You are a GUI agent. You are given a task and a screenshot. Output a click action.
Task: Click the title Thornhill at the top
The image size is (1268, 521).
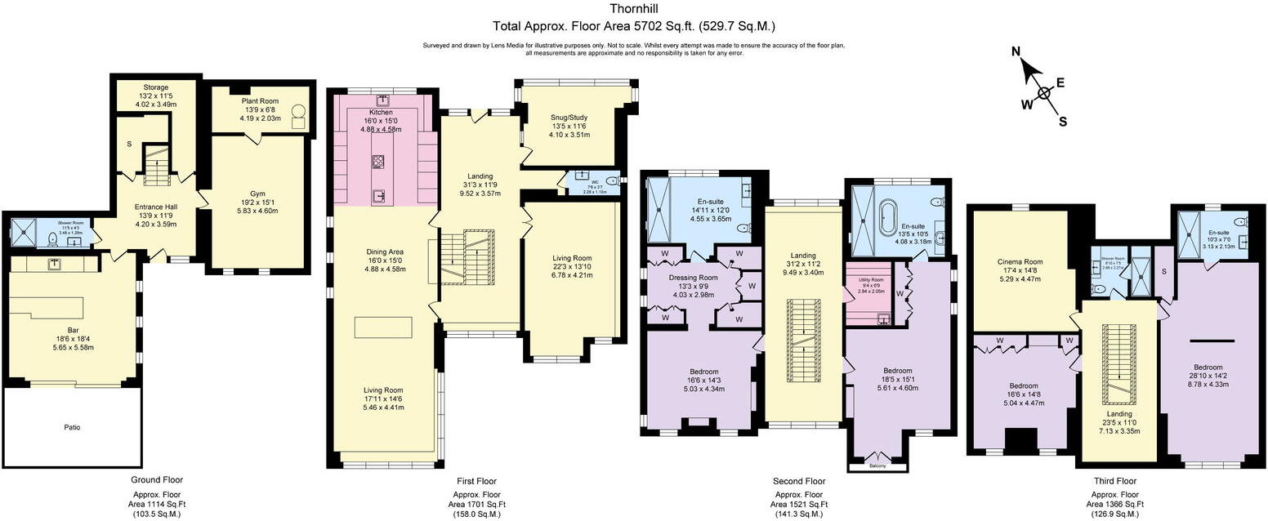pos(633,9)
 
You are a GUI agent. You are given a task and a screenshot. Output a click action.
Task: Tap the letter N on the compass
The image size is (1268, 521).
pos(1016,51)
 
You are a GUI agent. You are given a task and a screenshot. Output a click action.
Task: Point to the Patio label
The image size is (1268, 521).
pos(72,427)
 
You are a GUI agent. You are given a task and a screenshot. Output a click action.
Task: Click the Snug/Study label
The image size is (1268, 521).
pos(568,117)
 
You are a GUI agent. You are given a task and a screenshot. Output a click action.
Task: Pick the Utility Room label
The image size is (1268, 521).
pos(872,279)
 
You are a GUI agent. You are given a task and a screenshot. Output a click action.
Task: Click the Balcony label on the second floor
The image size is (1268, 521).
pos(877,467)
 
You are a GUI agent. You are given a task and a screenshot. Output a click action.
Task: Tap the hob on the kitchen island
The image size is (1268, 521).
pos(378,160)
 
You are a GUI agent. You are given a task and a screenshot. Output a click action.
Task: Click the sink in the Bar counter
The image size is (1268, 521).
pos(55,265)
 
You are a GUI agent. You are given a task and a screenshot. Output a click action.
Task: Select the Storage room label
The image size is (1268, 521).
pos(155,87)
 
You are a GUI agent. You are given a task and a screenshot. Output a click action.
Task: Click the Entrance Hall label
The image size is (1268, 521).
pos(155,207)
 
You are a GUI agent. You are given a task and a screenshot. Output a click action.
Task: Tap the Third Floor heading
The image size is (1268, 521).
pos(1114,481)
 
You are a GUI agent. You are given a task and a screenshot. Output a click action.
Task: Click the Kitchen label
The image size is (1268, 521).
pos(381,112)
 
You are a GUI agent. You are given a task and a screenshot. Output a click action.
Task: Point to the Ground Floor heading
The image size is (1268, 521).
pos(157,480)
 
